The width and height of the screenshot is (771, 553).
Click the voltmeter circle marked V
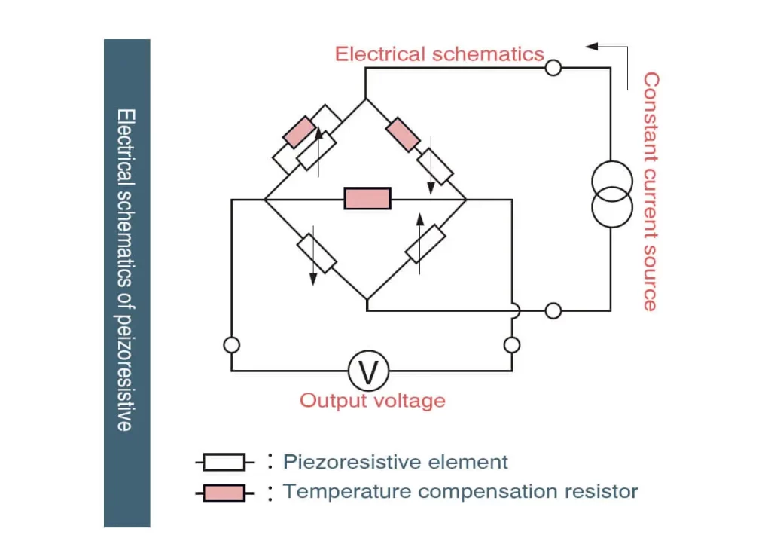tap(368, 371)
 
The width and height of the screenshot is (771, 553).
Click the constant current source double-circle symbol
tap(611, 194)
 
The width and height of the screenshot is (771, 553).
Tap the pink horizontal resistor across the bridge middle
tap(367, 199)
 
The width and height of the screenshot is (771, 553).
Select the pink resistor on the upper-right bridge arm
tap(403, 135)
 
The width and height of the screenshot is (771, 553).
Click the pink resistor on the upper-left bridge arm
tap(300, 131)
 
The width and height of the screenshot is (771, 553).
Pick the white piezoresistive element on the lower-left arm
tap(316, 253)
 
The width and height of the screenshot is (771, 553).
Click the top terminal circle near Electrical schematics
tap(553, 68)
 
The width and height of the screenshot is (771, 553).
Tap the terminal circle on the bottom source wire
tap(553, 310)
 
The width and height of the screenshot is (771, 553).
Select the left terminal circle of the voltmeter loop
tap(232, 345)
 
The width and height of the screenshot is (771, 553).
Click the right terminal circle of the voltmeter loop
tap(512, 345)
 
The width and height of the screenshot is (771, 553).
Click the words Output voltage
tap(373, 400)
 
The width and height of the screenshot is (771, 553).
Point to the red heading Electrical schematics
tap(439, 54)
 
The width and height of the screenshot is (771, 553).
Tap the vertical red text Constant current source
tap(651, 191)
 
